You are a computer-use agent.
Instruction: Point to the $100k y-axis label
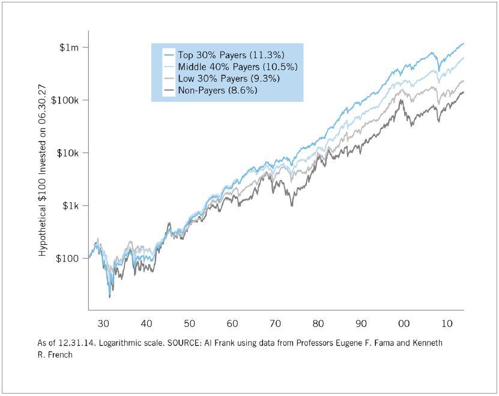pos(65,100)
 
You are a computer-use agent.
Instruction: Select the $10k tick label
pos(67,153)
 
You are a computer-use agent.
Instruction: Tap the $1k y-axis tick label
pos(70,206)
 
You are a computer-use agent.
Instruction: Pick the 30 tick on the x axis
pos(103,324)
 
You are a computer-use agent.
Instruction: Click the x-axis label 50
pos(189,324)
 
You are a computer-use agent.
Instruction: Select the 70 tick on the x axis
pos(275,324)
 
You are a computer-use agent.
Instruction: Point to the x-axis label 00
pos(404,324)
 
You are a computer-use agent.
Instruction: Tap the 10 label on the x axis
pos(447,324)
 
